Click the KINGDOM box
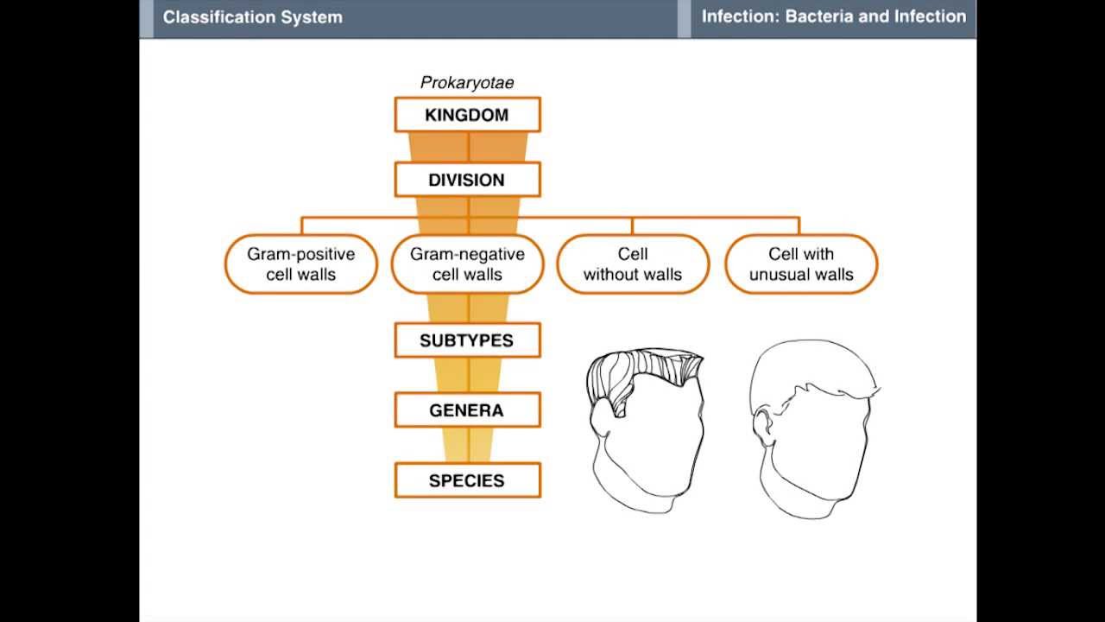[467, 115]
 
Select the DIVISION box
[467, 180]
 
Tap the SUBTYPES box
[467, 340]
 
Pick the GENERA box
[467, 410]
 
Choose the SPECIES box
[467, 480]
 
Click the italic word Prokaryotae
[467, 83]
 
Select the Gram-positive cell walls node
[300, 264]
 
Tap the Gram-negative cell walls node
[467, 264]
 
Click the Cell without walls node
[633, 264]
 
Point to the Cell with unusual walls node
[801, 264]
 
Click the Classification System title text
[252, 17]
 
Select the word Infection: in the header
[740, 16]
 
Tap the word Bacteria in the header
[819, 16]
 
